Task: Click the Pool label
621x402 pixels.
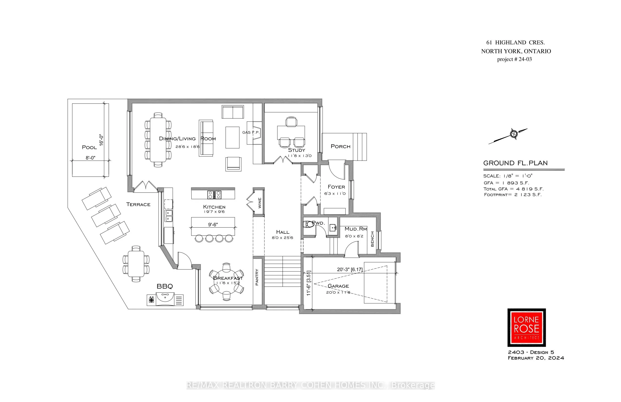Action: (89, 147)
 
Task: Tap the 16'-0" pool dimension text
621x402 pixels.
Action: (101, 140)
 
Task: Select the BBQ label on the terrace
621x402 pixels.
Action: (165, 286)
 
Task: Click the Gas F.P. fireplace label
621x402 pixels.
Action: (251, 132)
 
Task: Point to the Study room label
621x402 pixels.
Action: (296, 150)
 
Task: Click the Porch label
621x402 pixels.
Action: (340, 146)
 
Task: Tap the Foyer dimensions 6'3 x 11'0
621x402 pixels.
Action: (335, 193)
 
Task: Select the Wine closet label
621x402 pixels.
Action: (260, 203)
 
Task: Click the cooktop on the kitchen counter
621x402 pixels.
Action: (214, 195)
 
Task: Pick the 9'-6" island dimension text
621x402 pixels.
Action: (213, 224)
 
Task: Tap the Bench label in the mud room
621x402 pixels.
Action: (372, 239)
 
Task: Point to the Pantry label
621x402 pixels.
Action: (257, 277)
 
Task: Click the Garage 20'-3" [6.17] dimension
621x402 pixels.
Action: (350, 269)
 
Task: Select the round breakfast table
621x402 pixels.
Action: (226, 282)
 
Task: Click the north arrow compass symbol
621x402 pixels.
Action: (514, 134)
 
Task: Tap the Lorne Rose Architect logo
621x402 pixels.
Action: (526, 328)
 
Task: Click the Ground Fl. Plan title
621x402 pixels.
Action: (515, 163)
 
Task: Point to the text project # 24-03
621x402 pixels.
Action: (514, 59)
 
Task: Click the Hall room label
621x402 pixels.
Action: (282, 232)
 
